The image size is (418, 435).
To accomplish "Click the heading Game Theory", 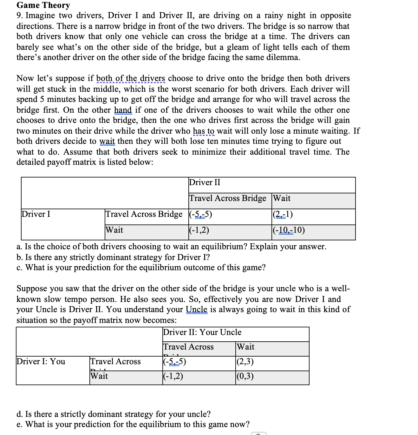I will tap(43, 5).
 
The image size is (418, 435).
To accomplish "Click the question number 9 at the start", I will tap(19, 16).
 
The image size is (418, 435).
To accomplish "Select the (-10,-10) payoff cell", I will tap(289, 230).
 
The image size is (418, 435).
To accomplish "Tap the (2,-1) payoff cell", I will tap(283, 214).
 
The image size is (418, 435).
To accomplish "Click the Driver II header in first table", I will tap(205, 183).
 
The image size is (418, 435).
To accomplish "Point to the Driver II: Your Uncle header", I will tap(202, 332).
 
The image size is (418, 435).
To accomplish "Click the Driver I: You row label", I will tap(41, 362).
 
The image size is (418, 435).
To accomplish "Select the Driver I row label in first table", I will tap(36, 214).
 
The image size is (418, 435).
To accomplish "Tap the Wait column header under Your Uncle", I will tap(245, 347).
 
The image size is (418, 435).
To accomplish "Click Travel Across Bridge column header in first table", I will tap(227, 198).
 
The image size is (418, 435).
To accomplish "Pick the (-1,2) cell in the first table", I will tap(199, 230).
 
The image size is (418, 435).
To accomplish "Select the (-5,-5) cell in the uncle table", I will tap(174, 362).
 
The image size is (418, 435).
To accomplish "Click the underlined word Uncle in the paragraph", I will tap(196, 310).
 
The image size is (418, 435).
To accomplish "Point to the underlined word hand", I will tap(123, 110).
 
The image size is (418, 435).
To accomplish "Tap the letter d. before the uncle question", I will tap(19, 414).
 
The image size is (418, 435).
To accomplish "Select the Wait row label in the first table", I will tap(114, 230).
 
